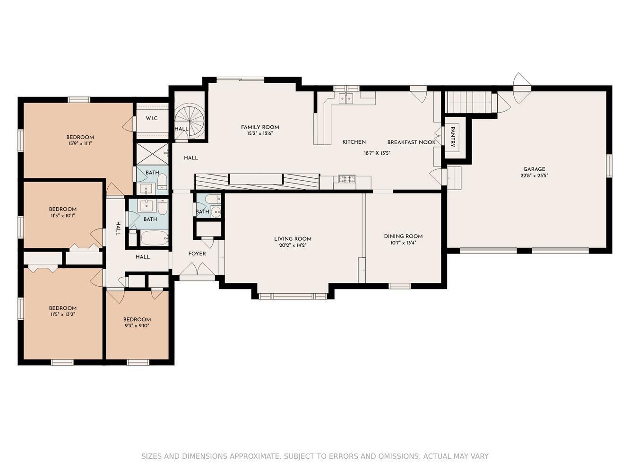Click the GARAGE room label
click(x=534, y=169)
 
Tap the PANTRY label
click(x=453, y=137)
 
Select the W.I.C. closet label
click(x=152, y=118)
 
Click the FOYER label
click(x=197, y=254)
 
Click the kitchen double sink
click(x=346, y=98)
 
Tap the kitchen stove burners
click(x=347, y=179)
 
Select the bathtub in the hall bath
click(x=154, y=238)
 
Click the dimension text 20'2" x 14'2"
click(x=293, y=245)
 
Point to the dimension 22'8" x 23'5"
click(x=534, y=176)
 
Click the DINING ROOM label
click(x=403, y=236)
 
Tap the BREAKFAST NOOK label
click(x=411, y=142)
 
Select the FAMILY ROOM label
click(x=260, y=127)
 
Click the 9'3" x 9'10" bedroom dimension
click(x=137, y=326)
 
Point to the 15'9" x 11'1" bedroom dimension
click(x=80, y=143)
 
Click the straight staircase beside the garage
click(x=471, y=102)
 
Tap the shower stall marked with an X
click(x=152, y=154)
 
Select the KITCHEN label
click(x=354, y=142)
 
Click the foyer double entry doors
click(x=197, y=269)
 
